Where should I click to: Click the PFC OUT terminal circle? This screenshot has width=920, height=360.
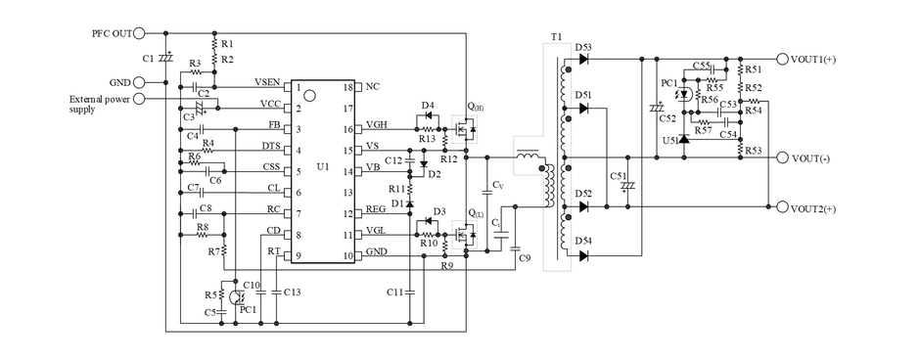pos(139,33)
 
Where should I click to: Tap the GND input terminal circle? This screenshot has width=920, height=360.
pos(139,82)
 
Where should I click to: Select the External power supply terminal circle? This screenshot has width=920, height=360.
pos(139,99)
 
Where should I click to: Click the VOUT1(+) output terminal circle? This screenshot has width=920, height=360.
pos(782,59)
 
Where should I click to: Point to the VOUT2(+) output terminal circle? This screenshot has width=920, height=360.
pos(782,207)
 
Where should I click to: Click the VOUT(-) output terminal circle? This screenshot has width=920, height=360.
pos(782,157)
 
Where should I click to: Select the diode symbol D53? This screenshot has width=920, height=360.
pos(583,59)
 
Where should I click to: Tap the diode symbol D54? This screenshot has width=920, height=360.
pos(583,255)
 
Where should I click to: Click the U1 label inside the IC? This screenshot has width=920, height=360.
pos(323,167)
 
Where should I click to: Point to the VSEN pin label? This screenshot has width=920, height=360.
pos(267,81)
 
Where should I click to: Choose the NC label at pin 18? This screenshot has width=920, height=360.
pos(373,87)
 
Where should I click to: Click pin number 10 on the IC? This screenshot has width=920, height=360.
pos(348,255)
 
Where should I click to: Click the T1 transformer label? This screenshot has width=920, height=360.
pos(556,37)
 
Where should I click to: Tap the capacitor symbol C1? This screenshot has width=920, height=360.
pos(166,58)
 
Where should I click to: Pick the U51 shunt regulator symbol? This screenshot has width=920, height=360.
pos(683,139)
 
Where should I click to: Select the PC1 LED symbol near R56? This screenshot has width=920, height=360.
pos(683,94)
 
